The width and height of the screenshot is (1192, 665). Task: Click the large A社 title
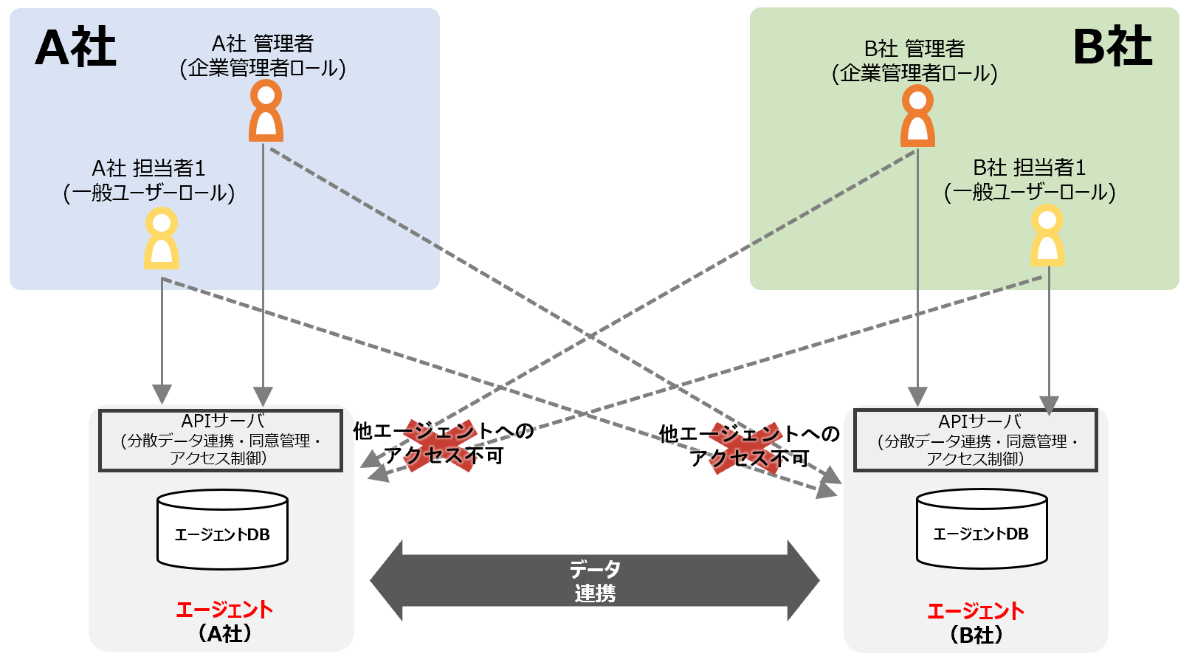[x=75, y=47]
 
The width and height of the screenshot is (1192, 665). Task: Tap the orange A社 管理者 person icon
[x=266, y=111]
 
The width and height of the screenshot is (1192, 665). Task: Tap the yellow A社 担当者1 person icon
[x=161, y=238]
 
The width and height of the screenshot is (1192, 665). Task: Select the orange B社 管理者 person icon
[x=917, y=116]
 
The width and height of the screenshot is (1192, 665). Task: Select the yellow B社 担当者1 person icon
[x=1047, y=235]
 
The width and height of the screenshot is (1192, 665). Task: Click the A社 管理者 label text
[x=263, y=44]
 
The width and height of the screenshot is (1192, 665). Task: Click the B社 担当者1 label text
[x=1029, y=168]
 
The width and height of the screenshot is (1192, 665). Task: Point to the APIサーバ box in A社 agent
[x=221, y=441]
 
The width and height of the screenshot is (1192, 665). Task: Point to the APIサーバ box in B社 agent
[x=975, y=441]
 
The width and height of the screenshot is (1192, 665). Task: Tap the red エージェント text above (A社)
[x=224, y=610]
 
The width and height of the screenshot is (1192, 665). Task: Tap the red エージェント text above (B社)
[x=975, y=611]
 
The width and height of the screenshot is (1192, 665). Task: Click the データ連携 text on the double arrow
[x=595, y=581]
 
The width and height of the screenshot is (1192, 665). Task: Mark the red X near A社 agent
[x=440, y=445]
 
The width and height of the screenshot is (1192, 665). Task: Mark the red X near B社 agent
[x=745, y=448]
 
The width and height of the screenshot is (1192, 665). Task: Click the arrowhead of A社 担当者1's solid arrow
[x=162, y=393]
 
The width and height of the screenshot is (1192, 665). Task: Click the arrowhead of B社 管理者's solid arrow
[x=917, y=396]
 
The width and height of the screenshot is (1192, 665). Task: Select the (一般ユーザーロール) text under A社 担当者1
[x=149, y=193]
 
